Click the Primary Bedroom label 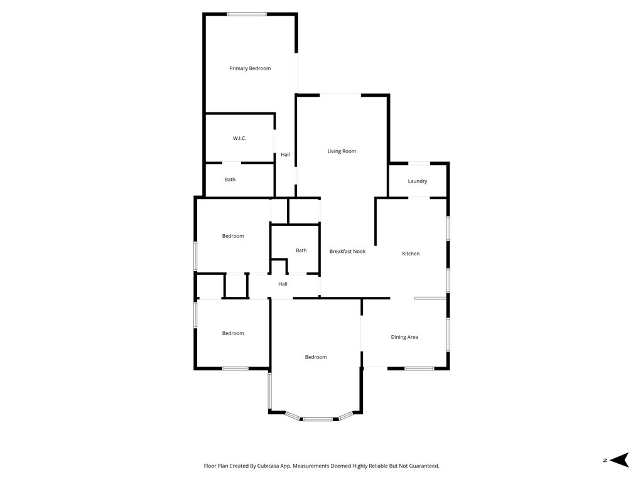pos(250,68)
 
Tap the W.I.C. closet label pos(239,138)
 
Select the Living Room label pos(342,151)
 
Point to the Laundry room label pos(418,181)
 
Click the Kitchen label pos(411,254)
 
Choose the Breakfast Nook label pos(347,252)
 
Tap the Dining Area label pos(404,337)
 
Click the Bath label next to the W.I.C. pos(230,179)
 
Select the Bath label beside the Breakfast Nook pos(301,250)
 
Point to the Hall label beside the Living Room pos(286,154)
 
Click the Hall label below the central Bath pos(283,284)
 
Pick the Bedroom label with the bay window pos(316,357)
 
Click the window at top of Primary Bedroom pos(247,14)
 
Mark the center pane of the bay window pos(318,419)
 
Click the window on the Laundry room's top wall pos(419,164)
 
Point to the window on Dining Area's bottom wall pos(419,368)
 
